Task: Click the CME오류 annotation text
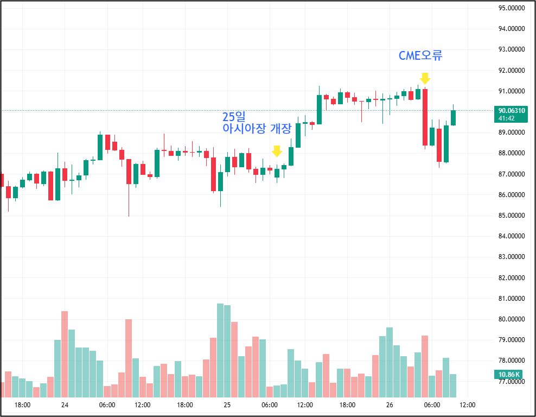tap(420, 55)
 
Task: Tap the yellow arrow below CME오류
tap(425, 78)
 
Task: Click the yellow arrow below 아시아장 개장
tap(277, 151)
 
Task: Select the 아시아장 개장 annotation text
tap(257, 129)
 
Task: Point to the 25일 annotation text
tap(234, 117)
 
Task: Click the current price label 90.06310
tap(512, 110)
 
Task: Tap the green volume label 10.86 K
tap(509, 374)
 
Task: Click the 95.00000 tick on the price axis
tap(512, 8)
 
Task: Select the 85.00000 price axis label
tap(512, 216)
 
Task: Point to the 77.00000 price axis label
tap(512, 382)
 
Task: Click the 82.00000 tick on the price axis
tap(512, 278)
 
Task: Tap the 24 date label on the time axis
tap(65, 405)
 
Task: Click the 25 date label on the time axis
tap(227, 405)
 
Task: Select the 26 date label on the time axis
tap(389, 405)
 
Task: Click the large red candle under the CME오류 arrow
tap(425, 117)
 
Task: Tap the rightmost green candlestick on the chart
tap(453, 117)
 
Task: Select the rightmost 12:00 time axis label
tap(467, 405)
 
